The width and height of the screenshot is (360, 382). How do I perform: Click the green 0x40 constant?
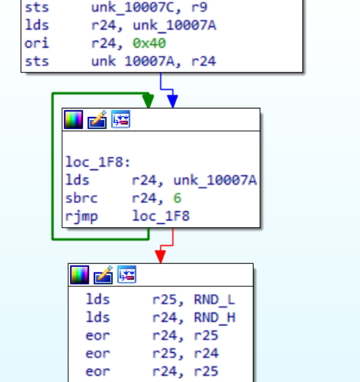pos(149,43)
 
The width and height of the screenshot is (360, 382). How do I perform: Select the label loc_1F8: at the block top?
pos(98,162)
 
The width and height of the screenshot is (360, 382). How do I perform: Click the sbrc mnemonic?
pos(82,198)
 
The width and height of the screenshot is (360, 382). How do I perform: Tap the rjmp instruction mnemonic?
pos(82,216)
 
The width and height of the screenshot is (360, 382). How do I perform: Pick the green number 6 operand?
pos(177,198)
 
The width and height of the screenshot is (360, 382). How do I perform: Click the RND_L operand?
pos(214,300)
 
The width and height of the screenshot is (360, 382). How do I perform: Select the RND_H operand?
pos(214,317)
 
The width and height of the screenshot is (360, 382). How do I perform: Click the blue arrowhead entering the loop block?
pos(172,101)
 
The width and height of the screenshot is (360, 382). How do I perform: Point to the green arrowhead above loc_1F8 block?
pos(148,101)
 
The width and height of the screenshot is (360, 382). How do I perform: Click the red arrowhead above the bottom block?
pos(161,256)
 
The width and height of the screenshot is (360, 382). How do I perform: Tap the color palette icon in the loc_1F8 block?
pos(73,119)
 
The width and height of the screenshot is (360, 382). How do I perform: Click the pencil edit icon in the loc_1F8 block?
pos(97,119)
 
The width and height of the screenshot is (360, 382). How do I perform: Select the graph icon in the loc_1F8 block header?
pos(121,119)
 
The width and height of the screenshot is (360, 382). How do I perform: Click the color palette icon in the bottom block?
pos(79,275)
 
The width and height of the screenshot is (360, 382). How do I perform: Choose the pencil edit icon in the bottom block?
pos(103,275)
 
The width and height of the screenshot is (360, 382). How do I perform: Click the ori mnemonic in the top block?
pos(37,43)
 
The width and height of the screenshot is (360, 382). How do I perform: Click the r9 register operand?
pos(199,8)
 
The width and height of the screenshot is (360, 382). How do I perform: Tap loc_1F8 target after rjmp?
pos(161,216)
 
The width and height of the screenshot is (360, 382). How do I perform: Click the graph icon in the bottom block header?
pos(127,274)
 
